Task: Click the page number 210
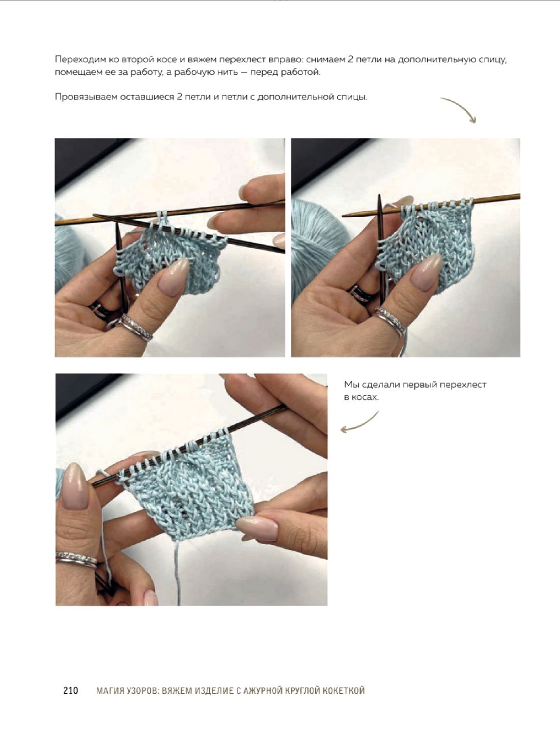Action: pyautogui.click(x=71, y=690)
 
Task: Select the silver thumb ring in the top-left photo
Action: pyautogui.click(x=134, y=328)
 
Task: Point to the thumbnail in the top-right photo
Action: pyautogui.click(x=427, y=272)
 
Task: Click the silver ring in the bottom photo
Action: pyautogui.click(x=76, y=559)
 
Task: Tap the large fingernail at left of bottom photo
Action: pyautogui.click(x=74, y=486)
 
